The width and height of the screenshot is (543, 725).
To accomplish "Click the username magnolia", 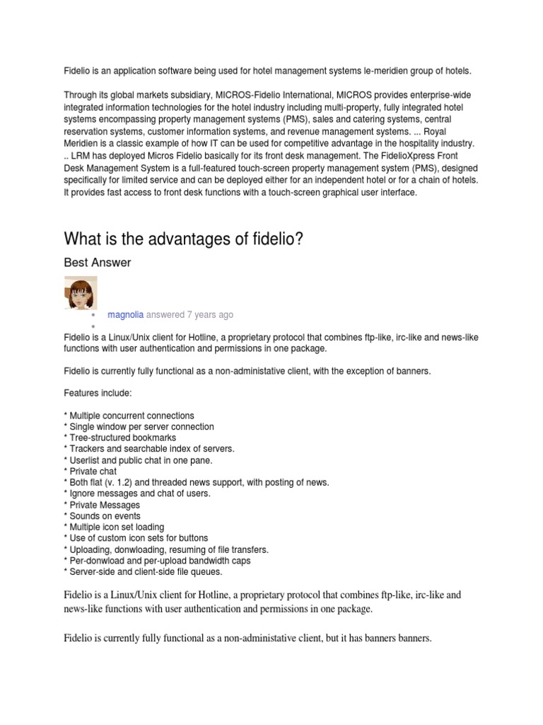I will (x=125, y=314).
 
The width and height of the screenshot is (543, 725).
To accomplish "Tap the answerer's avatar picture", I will (x=81, y=293).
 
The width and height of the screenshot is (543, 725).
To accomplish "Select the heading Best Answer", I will (x=97, y=263).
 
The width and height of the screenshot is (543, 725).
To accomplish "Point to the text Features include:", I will (x=98, y=393).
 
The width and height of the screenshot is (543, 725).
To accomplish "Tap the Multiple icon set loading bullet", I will (x=117, y=527).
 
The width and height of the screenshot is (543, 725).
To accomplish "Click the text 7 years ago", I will (x=210, y=314).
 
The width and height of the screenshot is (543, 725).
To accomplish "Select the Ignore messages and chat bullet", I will (x=137, y=493).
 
